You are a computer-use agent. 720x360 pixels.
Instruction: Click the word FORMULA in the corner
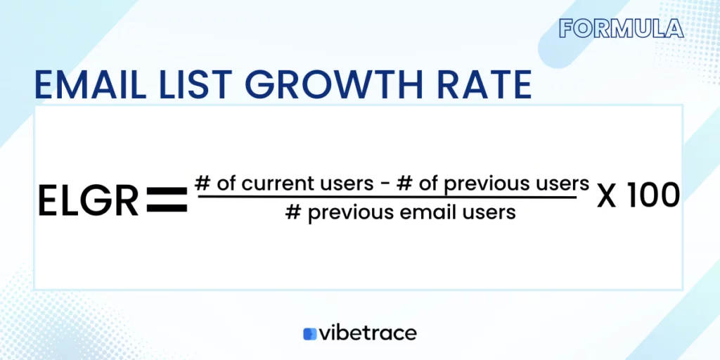tap(622, 28)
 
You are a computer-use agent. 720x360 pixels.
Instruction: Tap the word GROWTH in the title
tap(333, 85)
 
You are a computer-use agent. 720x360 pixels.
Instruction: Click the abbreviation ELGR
tap(88, 201)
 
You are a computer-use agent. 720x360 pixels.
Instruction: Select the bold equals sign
tap(167, 199)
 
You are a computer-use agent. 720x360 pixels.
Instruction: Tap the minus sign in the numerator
tap(383, 185)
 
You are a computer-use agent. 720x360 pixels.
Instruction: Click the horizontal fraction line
tap(387, 198)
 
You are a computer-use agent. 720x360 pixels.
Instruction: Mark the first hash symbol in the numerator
tap(202, 184)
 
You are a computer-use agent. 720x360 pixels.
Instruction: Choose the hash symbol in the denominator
tap(293, 212)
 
